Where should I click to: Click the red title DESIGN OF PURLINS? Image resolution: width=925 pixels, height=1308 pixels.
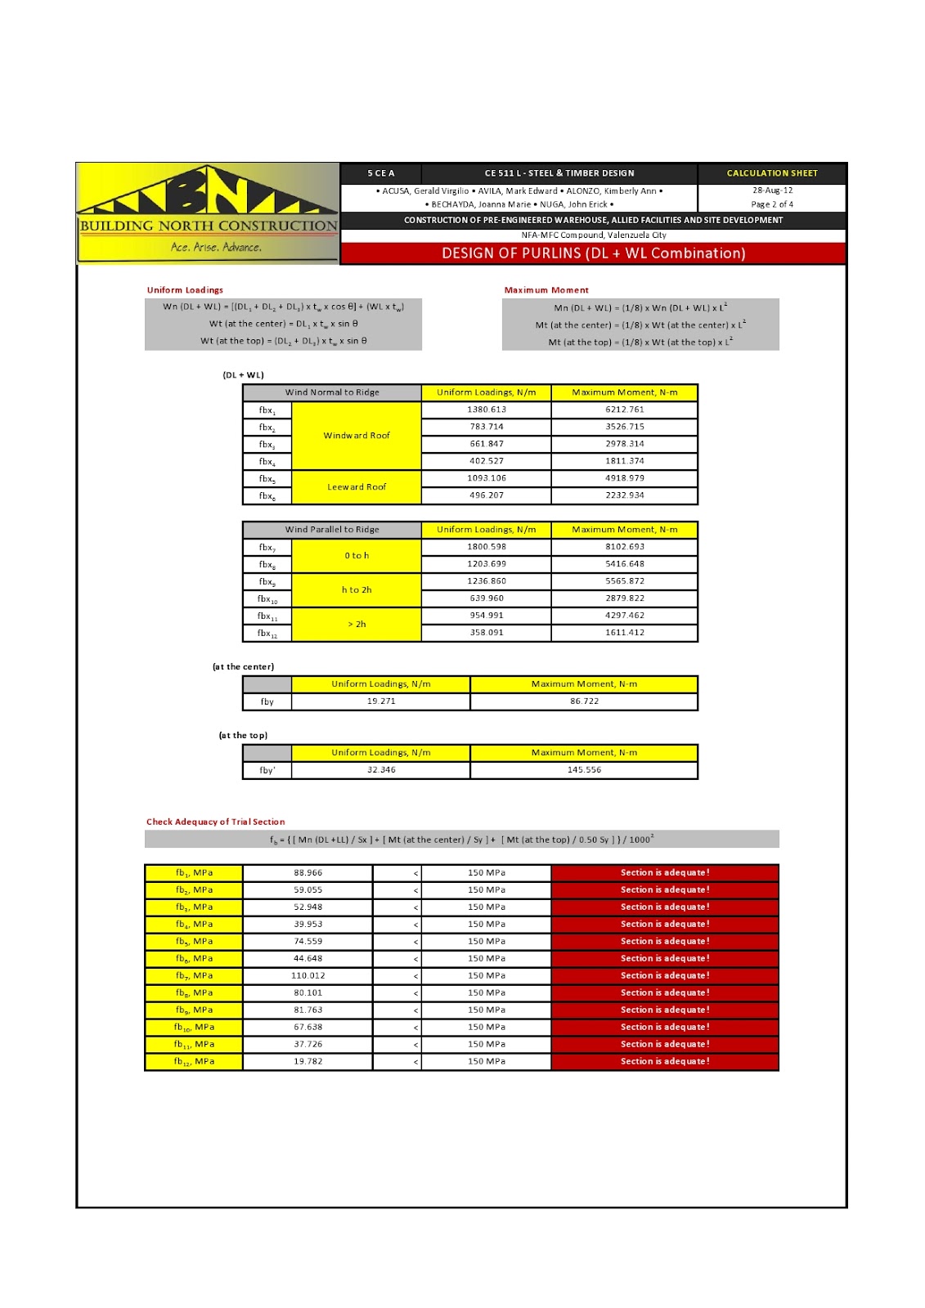tap(593, 253)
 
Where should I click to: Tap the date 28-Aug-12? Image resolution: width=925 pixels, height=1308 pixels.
tap(772, 190)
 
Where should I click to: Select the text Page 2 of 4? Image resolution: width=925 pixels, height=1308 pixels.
tap(772, 204)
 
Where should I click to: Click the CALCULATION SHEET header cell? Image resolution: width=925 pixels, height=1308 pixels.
tap(772, 173)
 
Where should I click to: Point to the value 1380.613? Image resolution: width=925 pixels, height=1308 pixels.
tap(487, 410)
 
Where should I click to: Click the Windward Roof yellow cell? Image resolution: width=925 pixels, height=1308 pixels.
tap(357, 436)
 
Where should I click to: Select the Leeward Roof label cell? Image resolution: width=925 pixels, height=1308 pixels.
tap(357, 487)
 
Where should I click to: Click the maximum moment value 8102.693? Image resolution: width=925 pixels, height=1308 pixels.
tap(625, 547)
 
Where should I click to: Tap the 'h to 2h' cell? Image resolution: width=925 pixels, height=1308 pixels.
tap(357, 590)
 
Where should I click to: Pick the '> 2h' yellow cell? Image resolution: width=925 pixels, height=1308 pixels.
tap(357, 625)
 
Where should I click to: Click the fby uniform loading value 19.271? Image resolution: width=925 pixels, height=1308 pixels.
tap(381, 701)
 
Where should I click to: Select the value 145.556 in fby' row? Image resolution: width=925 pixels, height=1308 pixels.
tap(584, 770)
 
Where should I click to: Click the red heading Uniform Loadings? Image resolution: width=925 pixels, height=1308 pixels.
tap(185, 290)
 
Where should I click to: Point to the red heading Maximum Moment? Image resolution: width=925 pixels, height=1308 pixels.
tap(546, 290)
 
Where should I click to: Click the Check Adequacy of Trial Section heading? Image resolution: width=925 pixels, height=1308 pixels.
tap(216, 822)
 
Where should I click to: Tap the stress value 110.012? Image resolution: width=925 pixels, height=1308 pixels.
tap(308, 976)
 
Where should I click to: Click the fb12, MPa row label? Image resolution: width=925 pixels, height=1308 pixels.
tap(194, 1062)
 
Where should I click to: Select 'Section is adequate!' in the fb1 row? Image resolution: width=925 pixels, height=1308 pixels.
tap(665, 873)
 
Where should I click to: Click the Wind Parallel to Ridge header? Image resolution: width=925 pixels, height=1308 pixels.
tap(332, 530)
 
